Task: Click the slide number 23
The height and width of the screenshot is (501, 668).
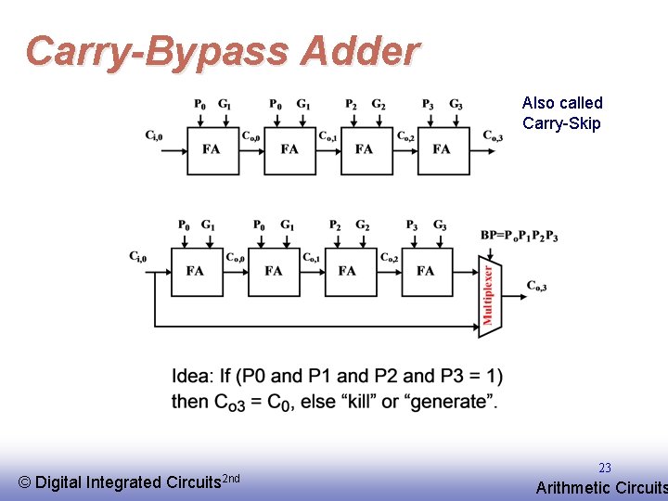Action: point(605,468)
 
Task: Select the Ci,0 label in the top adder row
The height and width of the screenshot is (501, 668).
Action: point(154,135)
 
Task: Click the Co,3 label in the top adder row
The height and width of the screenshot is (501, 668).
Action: point(493,135)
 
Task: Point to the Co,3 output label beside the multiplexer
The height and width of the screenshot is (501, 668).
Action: point(536,286)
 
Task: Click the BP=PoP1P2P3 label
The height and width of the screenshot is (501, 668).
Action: point(519,236)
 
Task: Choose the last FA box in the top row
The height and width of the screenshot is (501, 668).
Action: point(442,148)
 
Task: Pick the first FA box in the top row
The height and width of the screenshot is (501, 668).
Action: point(212,148)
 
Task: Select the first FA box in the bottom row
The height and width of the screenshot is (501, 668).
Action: point(196,270)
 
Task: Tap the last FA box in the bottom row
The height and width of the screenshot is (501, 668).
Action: point(425,270)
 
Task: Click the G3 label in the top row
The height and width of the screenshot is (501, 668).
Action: point(456,105)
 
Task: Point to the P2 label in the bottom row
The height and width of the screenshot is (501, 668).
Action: point(334,225)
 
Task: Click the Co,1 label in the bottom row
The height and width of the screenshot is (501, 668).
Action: point(312,257)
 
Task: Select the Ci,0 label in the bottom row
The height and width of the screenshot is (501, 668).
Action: point(138,257)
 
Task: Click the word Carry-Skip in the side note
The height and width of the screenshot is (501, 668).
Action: point(561,123)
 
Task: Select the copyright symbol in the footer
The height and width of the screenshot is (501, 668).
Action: point(25,482)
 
